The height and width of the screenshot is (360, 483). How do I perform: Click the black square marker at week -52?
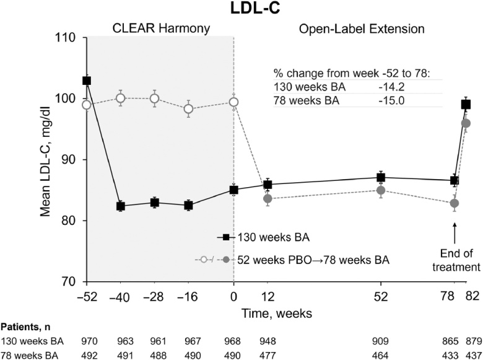87,81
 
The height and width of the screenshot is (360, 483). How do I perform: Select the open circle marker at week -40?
121,98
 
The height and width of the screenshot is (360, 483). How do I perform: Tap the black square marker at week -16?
188,205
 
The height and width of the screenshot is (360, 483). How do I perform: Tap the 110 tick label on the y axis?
66,38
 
